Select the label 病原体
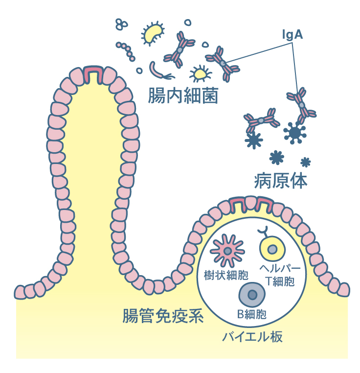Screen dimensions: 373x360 (281, 181)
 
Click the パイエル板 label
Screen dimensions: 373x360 (252, 337)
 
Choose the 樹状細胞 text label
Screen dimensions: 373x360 (226, 275)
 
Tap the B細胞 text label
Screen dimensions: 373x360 (252, 314)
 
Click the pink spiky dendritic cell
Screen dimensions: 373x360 (226, 250)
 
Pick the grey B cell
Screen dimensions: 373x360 (252, 295)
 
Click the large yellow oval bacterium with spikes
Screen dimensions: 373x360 (153, 32)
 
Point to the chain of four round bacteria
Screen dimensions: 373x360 (126, 51)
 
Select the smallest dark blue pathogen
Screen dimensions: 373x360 (306, 162)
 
